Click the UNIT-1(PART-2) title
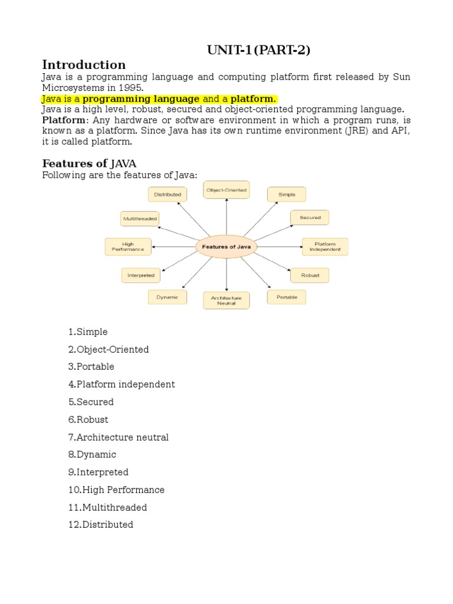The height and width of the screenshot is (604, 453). coord(258,50)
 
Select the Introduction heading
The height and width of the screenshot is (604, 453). coord(84,65)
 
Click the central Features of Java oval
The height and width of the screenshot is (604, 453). coord(226,247)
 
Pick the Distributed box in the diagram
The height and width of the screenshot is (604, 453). coord(168,194)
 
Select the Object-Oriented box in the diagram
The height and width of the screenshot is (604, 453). coord(226,190)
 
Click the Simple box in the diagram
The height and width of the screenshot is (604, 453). coord(287,194)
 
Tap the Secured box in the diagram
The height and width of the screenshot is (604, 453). coord(310,218)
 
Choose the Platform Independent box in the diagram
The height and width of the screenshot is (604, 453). coord(325,247)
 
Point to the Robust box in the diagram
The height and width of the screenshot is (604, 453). coord(310,275)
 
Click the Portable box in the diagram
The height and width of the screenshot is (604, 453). coord(287,297)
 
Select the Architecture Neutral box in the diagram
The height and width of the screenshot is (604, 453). coord(226,300)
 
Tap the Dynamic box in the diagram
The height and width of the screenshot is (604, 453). coord(168,297)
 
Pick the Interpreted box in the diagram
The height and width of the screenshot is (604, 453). coord(141,275)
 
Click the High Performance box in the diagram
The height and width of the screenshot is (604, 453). coord(128,247)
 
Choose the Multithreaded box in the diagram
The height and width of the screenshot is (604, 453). coord(140,218)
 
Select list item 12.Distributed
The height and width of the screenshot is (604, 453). coord(100,524)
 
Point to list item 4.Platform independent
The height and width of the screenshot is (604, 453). coord(121,385)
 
